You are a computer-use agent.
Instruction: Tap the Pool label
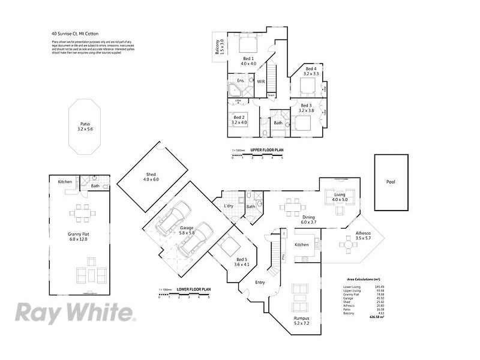pyautogui.click(x=391, y=182)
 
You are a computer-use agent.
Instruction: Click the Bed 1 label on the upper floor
pyautogui.click(x=248, y=61)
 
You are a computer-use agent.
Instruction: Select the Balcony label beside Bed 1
pyautogui.click(x=219, y=48)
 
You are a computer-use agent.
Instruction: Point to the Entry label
pyautogui.click(x=260, y=282)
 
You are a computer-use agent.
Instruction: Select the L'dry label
pyautogui.click(x=229, y=206)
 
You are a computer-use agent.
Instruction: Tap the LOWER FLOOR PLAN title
pyautogui.click(x=193, y=289)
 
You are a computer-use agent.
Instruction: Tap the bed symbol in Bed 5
pyautogui.click(x=229, y=247)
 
